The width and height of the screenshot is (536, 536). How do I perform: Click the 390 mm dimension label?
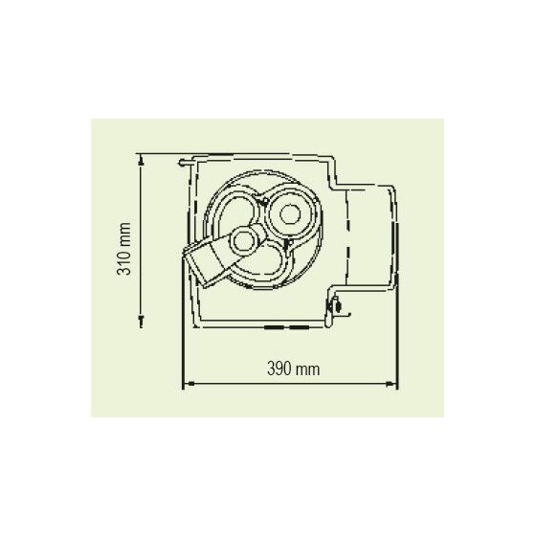click(x=293, y=369)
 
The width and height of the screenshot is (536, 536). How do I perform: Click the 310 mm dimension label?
click(x=124, y=249)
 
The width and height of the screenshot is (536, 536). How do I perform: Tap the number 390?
click(x=279, y=369)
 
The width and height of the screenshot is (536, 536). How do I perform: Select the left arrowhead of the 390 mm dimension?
click(x=190, y=384)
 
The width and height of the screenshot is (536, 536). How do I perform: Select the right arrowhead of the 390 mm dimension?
click(x=391, y=384)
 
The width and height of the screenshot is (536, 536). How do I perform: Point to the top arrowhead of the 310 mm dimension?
click(x=141, y=160)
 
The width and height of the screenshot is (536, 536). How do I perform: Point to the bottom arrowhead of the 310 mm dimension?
click(x=141, y=322)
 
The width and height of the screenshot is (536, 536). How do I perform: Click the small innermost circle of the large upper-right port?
click(x=290, y=214)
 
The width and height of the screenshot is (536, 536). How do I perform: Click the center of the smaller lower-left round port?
click(x=243, y=241)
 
